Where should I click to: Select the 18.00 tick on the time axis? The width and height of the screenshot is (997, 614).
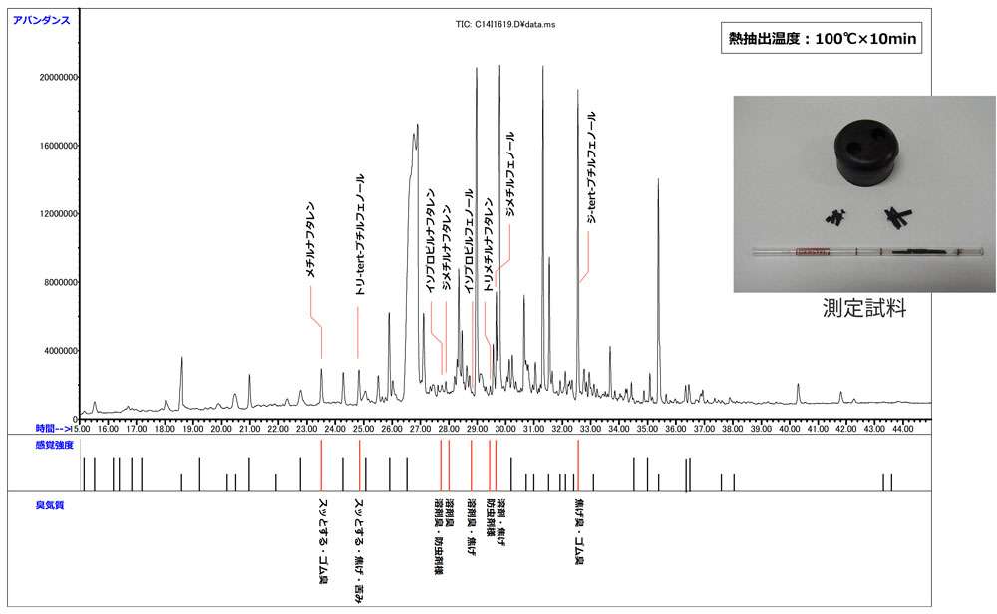click(162, 429)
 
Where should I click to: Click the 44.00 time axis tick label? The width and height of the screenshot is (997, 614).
click(902, 429)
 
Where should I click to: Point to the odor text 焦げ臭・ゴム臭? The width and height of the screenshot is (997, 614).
click(579, 532)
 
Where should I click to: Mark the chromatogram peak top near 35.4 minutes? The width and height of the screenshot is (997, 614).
click(658, 180)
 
